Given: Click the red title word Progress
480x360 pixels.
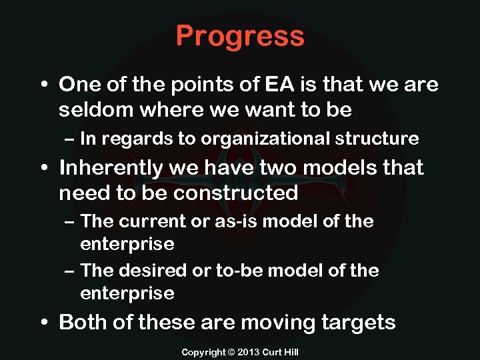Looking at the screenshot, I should click(x=240, y=36).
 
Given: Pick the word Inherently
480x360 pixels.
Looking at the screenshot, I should click(x=111, y=167).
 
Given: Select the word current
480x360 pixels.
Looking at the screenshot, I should click(x=155, y=221).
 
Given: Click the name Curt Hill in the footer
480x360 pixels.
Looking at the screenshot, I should click(x=281, y=351).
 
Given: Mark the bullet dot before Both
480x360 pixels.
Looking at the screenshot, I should click(x=45, y=323).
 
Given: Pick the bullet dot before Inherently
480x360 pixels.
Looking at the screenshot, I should click(x=45, y=168).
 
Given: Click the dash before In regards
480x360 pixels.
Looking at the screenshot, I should click(x=71, y=139).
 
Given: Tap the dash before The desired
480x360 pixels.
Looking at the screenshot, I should click(x=71, y=271).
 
